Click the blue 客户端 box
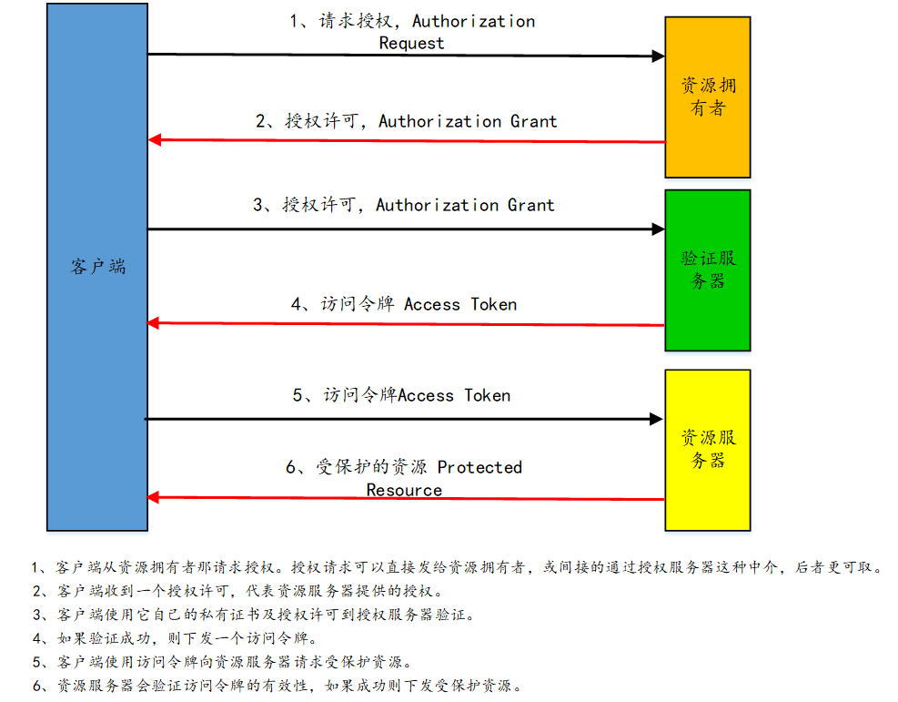[97, 266]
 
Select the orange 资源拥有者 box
[708, 97]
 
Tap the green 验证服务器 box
[708, 270]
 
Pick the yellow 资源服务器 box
[708, 449]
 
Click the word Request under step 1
[411, 43]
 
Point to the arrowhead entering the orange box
[658, 56]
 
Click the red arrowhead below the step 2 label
[155, 140]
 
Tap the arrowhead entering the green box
[658, 229]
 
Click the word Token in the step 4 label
[494, 304]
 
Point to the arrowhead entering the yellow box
[656, 419]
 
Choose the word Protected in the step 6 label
[479, 467]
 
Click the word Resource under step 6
[404, 490]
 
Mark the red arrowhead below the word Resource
[155, 497]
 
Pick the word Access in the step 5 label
[426, 395]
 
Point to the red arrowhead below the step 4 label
[155, 322]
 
